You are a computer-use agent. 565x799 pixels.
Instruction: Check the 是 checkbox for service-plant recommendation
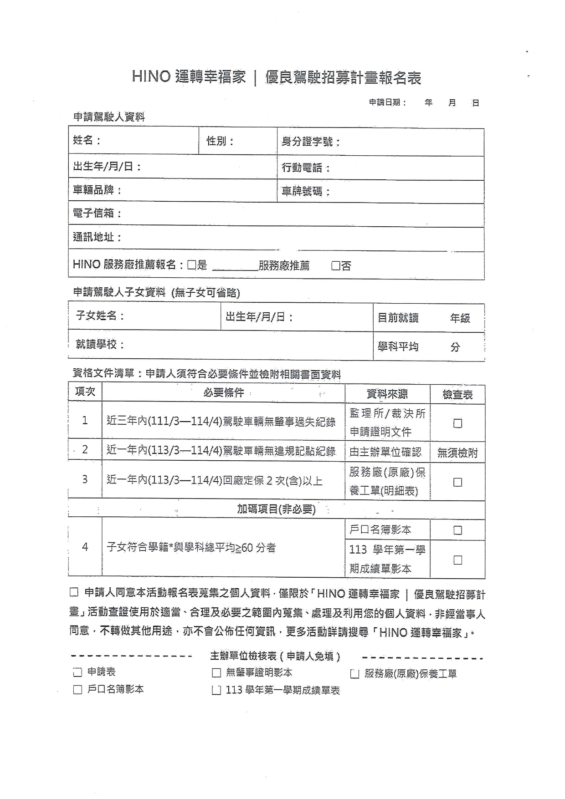click(x=192, y=265)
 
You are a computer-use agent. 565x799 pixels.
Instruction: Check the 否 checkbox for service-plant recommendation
click(x=336, y=266)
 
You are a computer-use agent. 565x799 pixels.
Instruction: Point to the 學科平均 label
click(x=398, y=347)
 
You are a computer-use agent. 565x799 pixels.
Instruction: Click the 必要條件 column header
click(x=223, y=393)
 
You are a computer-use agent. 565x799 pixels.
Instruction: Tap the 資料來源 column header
click(x=387, y=394)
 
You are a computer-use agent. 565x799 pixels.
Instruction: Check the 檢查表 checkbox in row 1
click(x=457, y=423)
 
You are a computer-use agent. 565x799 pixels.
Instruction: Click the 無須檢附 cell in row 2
click(x=457, y=453)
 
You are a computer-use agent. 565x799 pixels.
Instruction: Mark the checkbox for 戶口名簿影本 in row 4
click(x=457, y=530)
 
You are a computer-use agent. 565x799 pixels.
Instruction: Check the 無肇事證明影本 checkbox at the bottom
click(x=216, y=673)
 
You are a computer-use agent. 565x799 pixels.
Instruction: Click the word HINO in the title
click(x=151, y=76)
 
